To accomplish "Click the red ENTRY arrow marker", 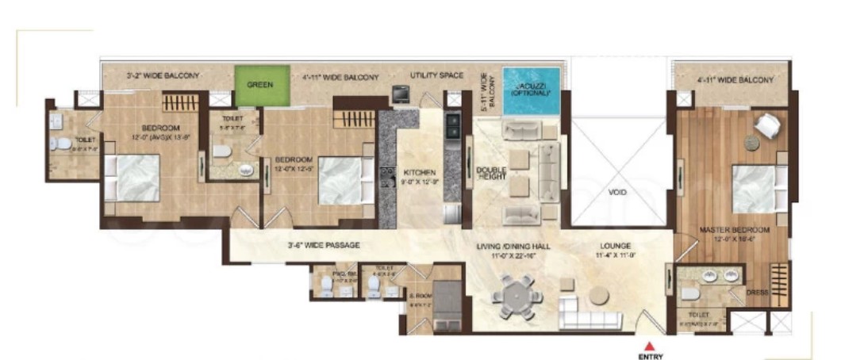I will (x=649, y=345).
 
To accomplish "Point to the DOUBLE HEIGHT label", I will (x=491, y=175).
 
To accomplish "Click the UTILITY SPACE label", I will (x=436, y=75).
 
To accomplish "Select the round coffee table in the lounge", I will (x=597, y=296).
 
